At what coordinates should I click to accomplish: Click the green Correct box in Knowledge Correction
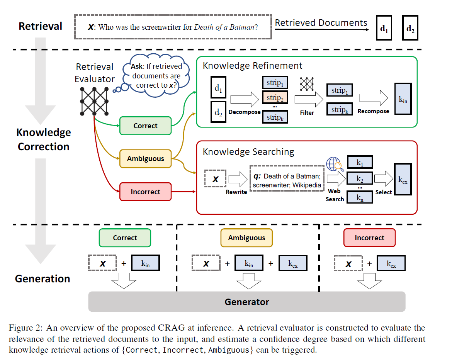145,126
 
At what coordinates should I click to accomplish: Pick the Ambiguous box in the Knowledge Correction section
145,159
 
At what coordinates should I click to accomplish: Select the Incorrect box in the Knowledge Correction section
145,192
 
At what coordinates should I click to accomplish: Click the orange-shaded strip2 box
275,98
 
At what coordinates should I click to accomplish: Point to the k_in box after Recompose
403,99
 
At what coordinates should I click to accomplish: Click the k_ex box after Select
403,179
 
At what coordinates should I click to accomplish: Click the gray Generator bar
246,302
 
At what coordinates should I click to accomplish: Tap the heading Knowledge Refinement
253,66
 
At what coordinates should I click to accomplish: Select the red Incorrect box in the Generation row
369,238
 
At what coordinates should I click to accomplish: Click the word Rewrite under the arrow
236,192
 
